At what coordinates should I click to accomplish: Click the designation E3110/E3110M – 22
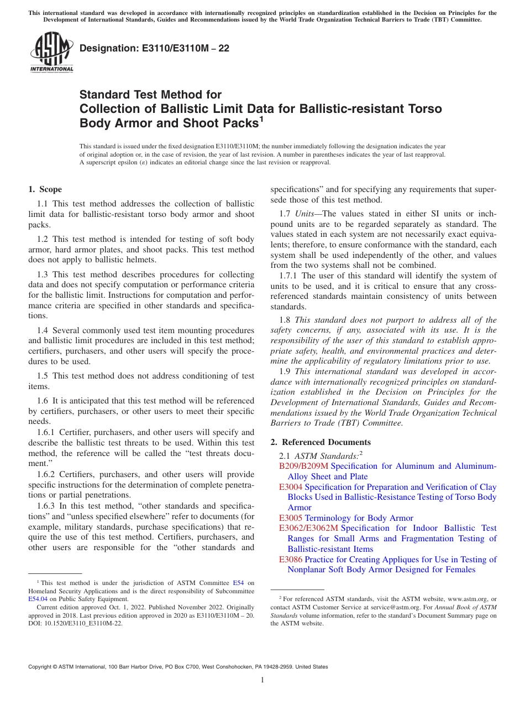154,49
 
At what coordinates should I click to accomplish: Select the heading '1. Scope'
45,189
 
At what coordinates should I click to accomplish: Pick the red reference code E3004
291,487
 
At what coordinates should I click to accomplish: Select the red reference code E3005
291,518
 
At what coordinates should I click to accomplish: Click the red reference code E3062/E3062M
308,528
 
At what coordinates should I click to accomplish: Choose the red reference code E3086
291,560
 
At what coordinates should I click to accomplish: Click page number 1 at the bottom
262,680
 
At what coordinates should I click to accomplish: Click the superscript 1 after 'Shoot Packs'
261,118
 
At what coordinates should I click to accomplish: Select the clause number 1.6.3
47,506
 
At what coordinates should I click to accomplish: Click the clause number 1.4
43,330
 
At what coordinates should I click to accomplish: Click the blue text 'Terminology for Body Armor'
359,518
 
